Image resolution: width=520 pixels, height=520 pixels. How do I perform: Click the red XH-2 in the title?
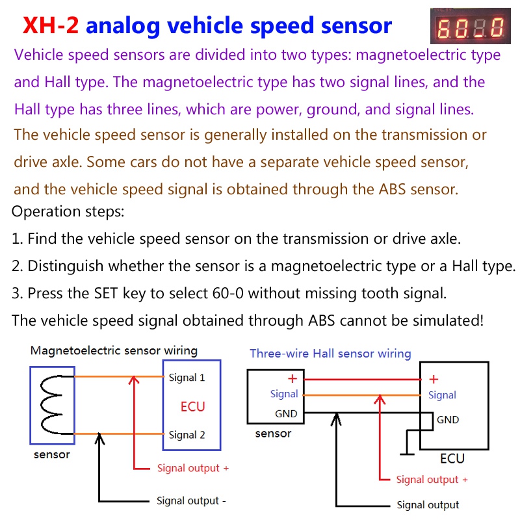51,25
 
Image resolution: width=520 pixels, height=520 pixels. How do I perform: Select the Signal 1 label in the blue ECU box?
187,378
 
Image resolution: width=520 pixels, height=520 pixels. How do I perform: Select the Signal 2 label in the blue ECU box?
187,435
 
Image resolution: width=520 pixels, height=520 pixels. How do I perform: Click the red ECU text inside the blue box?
192,407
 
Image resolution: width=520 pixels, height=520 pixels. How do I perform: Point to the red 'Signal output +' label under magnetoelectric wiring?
192,468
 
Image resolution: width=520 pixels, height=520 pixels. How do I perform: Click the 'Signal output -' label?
191,501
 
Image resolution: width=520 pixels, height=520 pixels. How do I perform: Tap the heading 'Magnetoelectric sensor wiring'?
114,351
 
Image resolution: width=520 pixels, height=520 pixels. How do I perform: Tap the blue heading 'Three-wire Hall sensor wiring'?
330,354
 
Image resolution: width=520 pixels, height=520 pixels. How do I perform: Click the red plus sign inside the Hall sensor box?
292,379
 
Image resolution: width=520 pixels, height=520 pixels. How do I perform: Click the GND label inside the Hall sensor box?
286,413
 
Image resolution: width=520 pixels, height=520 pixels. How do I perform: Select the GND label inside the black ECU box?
448,420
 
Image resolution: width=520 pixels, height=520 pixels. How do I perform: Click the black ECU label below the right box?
452,459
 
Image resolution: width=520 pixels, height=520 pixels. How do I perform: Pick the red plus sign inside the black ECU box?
434,380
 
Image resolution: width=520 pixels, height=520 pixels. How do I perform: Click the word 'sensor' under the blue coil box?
51,454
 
